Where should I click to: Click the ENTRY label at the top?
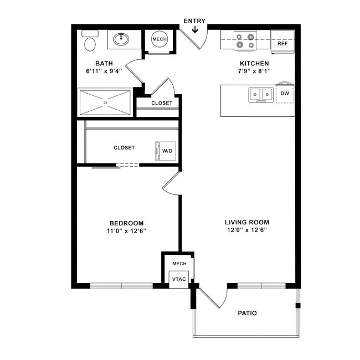[194, 21]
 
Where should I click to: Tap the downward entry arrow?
[195, 29]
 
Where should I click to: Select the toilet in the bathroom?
[90, 40]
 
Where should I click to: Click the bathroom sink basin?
[121, 39]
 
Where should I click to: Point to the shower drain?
[105, 102]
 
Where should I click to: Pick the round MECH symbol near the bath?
[160, 39]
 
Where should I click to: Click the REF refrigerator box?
[282, 42]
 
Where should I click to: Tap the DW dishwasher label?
[285, 93]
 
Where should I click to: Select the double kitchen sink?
[261, 94]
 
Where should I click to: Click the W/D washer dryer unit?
[166, 151]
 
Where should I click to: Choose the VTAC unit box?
[179, 279]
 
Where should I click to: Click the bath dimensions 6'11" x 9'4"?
[104, 71]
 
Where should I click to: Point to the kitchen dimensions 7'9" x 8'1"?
[254, 71]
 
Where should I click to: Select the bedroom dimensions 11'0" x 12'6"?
[126, 231]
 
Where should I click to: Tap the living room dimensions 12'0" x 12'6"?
[247, 230]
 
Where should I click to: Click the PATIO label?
[247, 313]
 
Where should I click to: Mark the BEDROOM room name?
[126, 223]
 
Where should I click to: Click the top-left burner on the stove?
[239, 37]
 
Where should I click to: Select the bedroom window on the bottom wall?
[121, 286]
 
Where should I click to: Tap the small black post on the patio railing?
[298, 306]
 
